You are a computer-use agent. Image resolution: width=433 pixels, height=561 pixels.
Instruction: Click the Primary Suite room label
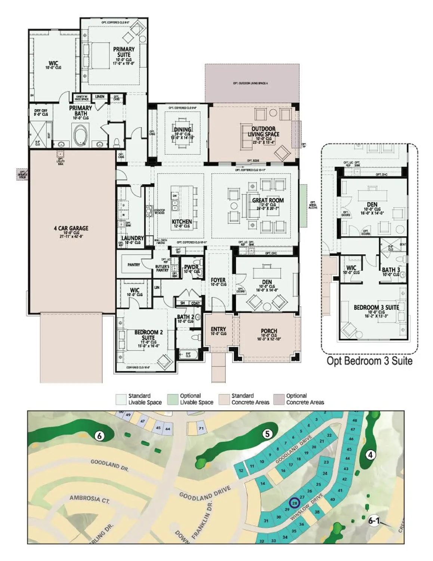click(124, 52)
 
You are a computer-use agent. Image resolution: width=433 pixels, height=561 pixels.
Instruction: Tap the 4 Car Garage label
click(71, 228)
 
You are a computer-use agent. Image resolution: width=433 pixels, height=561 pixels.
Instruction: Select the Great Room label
click(267, 200)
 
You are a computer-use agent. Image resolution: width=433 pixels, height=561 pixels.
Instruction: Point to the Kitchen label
click(182, 222)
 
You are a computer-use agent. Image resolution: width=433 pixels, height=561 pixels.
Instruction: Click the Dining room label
click(182, 130)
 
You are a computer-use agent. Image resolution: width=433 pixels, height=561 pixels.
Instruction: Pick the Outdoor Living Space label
click(263, 131)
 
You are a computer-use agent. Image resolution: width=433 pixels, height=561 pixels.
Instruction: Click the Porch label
click(269, 331)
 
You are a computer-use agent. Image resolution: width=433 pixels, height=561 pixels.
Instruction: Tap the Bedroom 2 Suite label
click(148, 335)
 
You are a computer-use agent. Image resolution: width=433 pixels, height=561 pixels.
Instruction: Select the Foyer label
click(218, 280)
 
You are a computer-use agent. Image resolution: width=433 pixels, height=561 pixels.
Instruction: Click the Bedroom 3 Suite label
click(376, 307)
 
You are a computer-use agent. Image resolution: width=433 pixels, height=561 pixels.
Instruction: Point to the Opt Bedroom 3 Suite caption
click(369, 361)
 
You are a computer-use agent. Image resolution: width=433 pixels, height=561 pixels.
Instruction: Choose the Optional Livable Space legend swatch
click(173, 399)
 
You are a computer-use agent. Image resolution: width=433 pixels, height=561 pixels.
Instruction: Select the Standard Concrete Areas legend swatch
click(224, 399)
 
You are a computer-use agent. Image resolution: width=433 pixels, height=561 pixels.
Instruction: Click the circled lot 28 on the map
click(295, 503)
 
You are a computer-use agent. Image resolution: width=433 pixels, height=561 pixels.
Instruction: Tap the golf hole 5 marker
click(267, 434)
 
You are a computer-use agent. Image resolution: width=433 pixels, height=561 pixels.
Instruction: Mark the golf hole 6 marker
click(99, 435)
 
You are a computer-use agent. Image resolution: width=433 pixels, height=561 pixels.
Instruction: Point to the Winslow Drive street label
click(306, 508)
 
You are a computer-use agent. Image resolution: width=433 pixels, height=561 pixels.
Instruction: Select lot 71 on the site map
click(201, 428)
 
